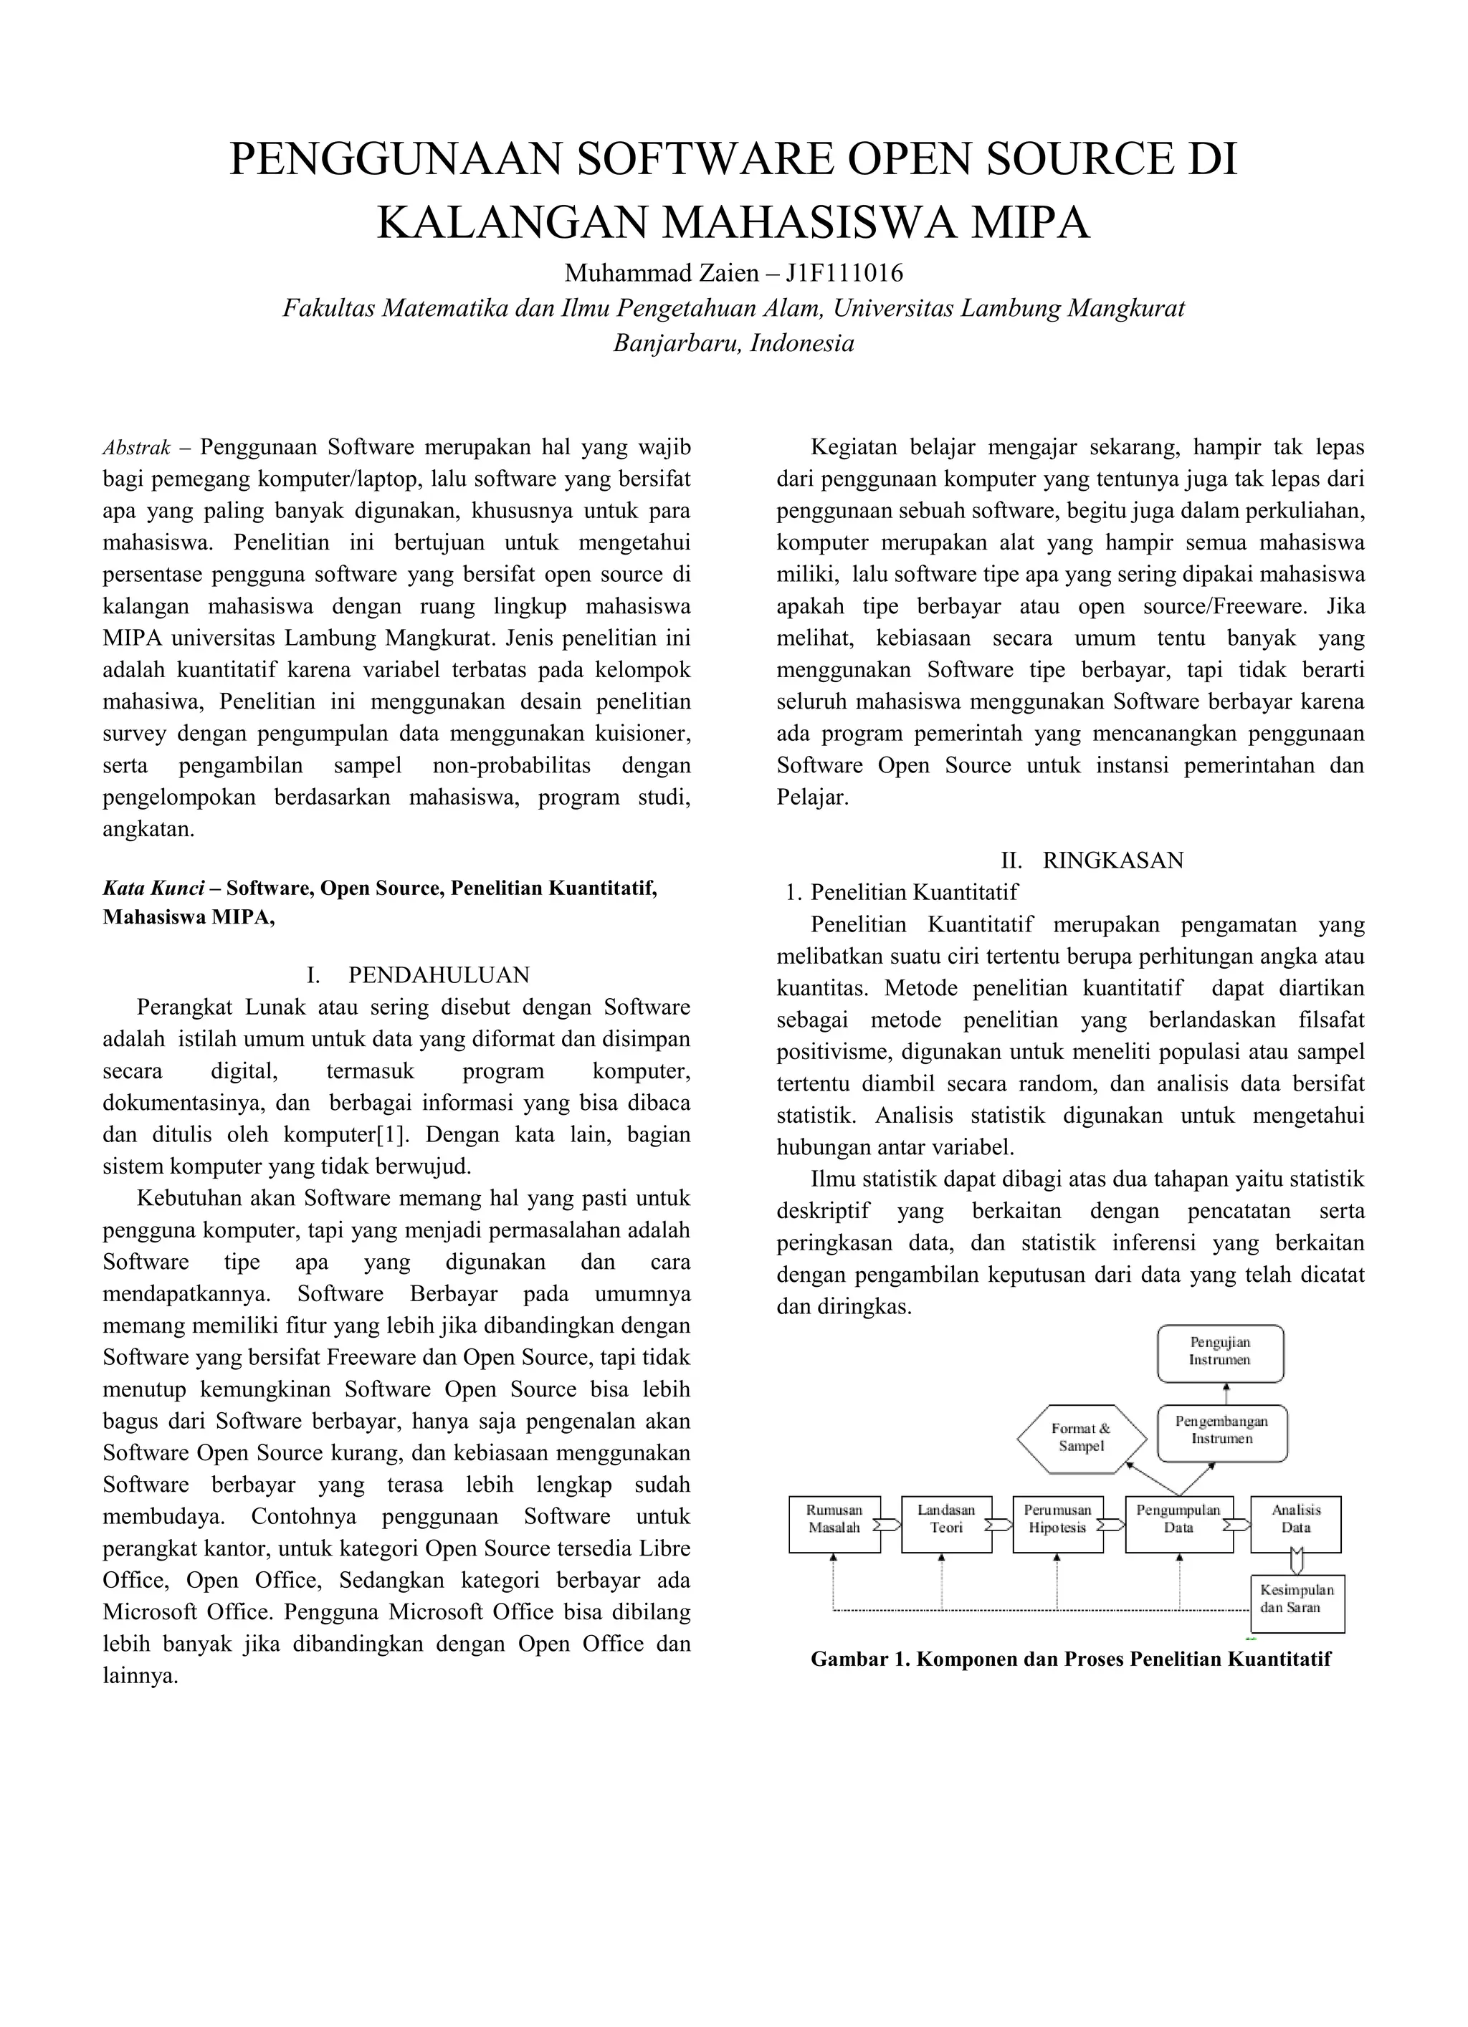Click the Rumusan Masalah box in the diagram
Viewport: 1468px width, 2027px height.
coord(834,1524)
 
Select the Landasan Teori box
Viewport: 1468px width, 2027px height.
coord(946,1524)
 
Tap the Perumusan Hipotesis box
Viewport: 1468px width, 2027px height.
coord(1058,1524)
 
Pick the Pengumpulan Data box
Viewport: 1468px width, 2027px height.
coord(1178,1524)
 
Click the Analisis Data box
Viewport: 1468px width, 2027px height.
coord(1295,1524)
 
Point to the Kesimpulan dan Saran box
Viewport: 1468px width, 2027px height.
coord(1297,1604)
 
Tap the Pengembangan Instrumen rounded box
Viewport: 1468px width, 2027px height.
coord(1221,1431)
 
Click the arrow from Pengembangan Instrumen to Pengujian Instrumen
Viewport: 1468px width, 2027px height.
coord(1226,1392)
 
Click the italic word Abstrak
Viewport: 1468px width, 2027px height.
coord(136,448)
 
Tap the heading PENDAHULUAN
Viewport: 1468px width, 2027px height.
coord(439,974)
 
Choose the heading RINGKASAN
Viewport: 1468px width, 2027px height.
coord(1112,861)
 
